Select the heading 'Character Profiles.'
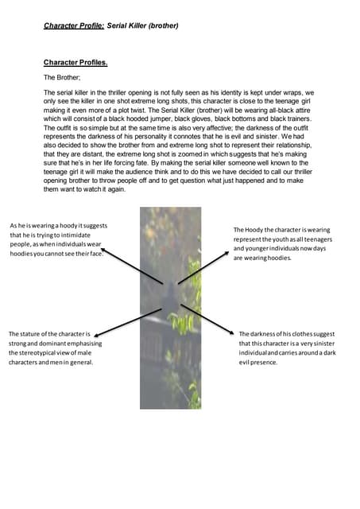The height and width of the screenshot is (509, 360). (x=75, y=62)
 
